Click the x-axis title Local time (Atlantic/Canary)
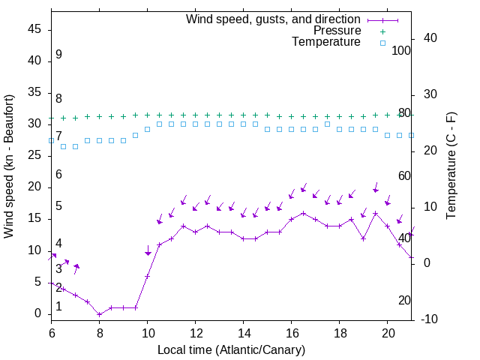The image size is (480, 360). point(231,349)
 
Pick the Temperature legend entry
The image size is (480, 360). point(326,43)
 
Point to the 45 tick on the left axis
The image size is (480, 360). point(34,30)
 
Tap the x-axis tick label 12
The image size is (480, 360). point(196,331)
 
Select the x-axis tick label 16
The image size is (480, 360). point(292,331)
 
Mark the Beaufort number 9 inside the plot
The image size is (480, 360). point(58,55)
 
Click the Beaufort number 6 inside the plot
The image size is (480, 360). point(58,175)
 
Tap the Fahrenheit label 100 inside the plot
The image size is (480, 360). point(402,50)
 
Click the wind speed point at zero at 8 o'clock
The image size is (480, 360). point(100,314)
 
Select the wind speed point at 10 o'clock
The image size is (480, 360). point(148,276)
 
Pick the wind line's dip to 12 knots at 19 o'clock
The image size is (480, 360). point(364,238)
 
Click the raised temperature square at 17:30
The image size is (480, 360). point(328,124)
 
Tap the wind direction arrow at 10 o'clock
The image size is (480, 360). point(148,250)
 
